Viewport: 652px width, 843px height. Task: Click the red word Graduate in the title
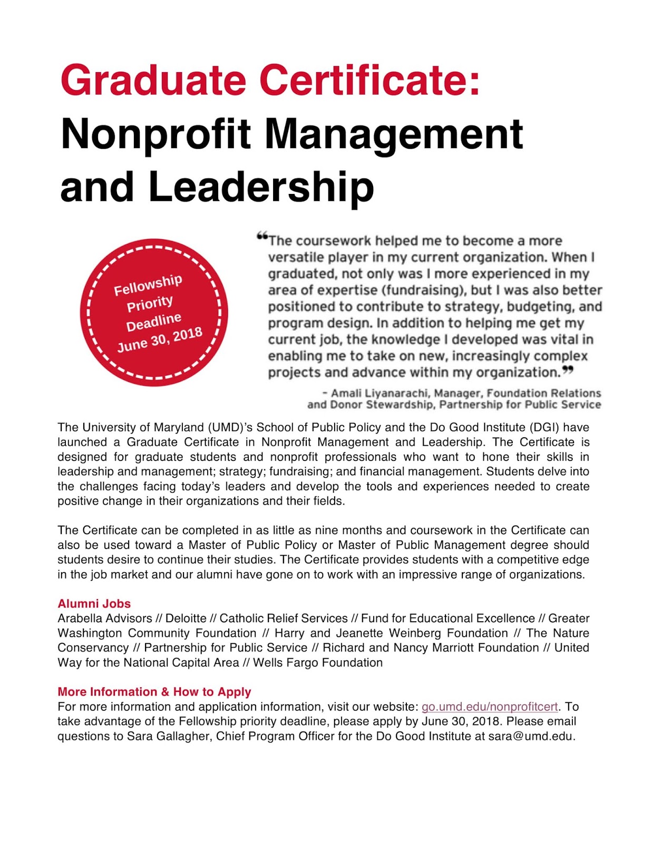(x=153, y=80)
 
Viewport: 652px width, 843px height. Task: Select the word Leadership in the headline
(x=261, y=187)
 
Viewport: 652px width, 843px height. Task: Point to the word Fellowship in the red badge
(x=148, y=285)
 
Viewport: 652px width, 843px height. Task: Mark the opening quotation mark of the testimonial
(x=262, y=237)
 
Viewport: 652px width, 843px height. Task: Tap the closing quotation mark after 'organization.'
(x=568, y=370)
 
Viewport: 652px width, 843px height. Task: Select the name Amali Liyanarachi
(x=379, y=393)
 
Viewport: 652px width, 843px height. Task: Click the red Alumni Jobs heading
(x=94, y=604)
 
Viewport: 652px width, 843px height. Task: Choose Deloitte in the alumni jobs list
(x=186, y=618)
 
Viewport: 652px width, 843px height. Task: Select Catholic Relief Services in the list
(x=284, y=618)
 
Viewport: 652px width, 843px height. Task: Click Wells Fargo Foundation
(x=318, y=662)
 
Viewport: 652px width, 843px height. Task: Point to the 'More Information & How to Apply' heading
(x=154, y=692)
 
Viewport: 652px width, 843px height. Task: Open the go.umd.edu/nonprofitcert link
(x=489, y=707)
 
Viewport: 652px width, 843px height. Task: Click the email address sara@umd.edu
(x=530, y=736)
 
